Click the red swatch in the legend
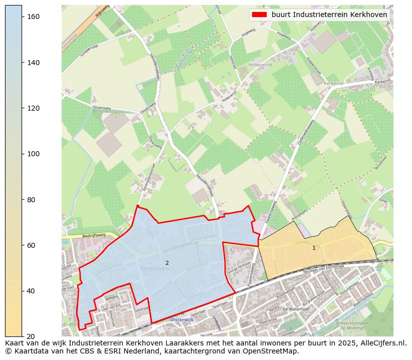[259, 15]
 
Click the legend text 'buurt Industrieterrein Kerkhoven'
[329, 15]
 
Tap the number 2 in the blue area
[167, 263]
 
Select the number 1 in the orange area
[314, 248]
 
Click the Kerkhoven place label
[154, 269]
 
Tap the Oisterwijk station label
[181, 319]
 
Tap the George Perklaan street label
[238, 265]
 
